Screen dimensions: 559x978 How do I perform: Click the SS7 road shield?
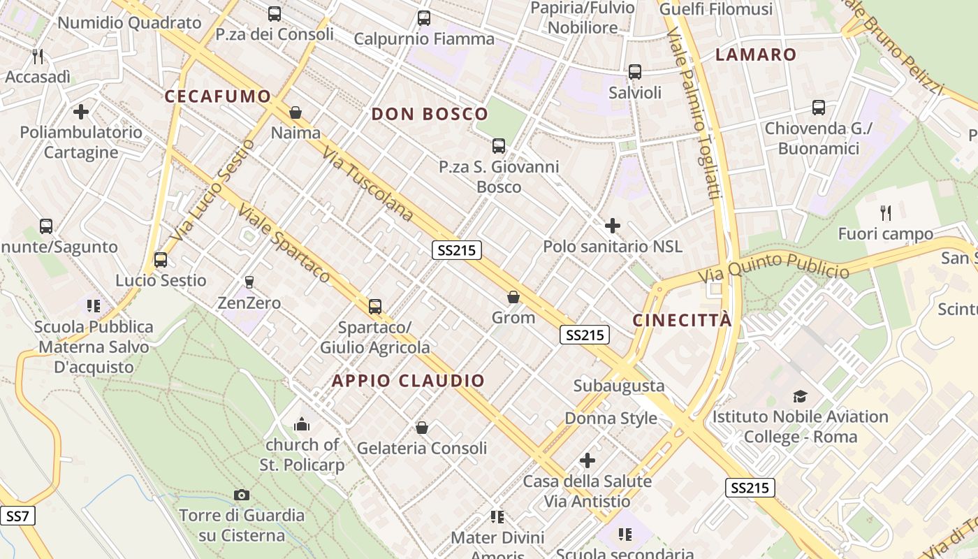(17, 516)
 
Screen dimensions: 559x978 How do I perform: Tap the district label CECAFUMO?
(217, 96)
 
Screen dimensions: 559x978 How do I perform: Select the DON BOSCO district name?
(430, 114)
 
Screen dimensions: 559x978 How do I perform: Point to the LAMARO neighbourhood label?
(756, 55)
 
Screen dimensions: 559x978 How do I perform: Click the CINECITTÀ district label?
(683, 320)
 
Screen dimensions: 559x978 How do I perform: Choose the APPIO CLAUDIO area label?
(408, 381)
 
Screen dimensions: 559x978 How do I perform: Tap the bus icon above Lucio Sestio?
(161, 260)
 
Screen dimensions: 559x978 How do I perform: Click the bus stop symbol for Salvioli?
(634, 71)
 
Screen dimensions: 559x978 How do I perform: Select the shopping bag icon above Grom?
(513, 297)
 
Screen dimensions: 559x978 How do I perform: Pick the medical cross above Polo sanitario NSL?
(613, 225)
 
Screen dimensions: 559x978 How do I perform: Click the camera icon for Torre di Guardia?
(242, 495)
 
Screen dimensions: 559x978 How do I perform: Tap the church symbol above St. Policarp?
(302, 423)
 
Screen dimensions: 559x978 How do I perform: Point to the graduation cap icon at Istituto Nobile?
(800, 396)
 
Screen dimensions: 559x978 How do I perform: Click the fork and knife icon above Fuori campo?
(885, 212)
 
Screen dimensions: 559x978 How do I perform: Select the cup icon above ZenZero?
(249, 282)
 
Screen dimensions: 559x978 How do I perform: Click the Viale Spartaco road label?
(284, 242)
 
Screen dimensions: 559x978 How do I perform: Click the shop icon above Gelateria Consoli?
(422, 427)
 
